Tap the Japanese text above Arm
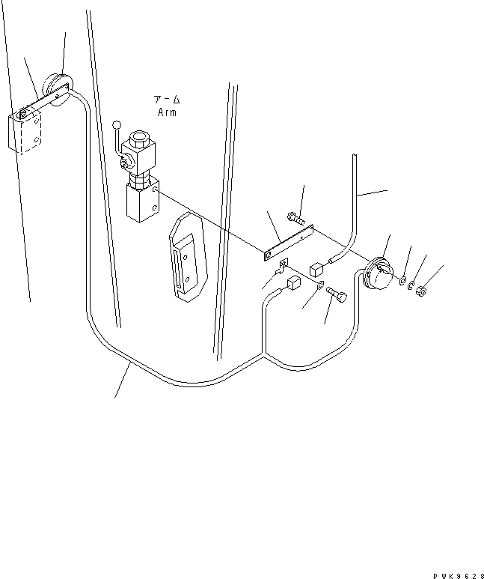[x=167, y=100]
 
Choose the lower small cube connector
[x=294, y=283]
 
